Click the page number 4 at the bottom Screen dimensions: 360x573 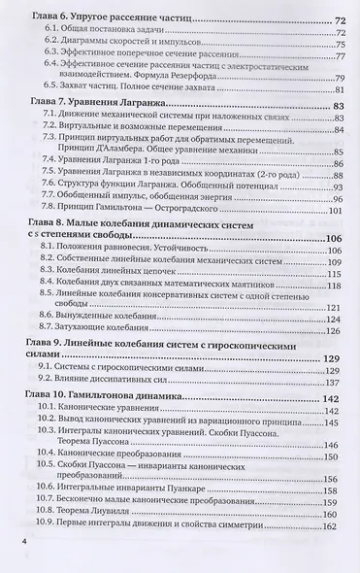pos(13,538)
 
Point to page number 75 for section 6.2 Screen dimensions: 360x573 pos(341,45)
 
